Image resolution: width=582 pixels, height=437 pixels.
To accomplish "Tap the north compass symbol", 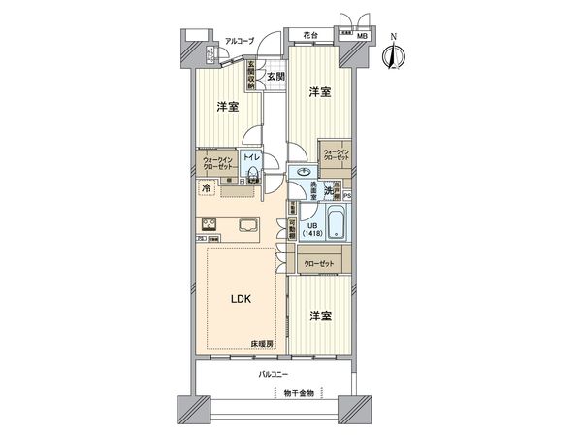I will (393, 56).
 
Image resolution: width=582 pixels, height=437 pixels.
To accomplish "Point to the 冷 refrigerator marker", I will (207, 187).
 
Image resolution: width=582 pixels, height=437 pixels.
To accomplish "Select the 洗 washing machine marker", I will (328, 193).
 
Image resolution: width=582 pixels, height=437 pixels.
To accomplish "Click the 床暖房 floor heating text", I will (263, 344).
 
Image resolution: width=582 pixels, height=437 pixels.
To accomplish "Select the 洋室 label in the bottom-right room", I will (322, 317).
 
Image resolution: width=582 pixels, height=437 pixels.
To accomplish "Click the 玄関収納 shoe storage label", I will (249, 78).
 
